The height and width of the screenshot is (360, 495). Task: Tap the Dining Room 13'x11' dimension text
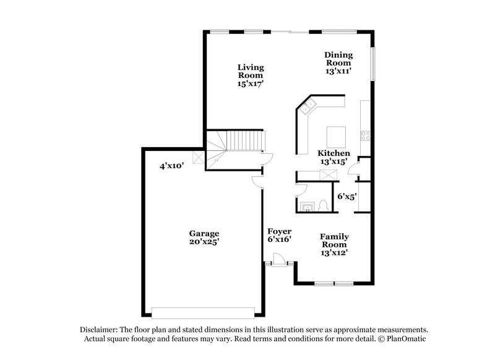pyautogui.click(x=338, y=71)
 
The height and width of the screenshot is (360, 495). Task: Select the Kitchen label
pyautogui.click(x=334, y=153)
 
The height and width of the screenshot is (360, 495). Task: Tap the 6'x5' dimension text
pyautogui.click(x=346, y=196)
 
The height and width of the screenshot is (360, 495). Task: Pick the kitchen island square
pyautogui.click(x=336, y=134)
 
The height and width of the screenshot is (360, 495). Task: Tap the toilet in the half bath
pyautogui.click(x=324, y=207)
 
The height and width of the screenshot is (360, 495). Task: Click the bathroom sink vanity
pyautogui.click(x=307, y=206)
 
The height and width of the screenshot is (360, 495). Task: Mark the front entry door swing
pyautogui.click(x=278, y=260)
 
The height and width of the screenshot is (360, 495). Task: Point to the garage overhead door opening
pyautogui.click(x=203, y=312)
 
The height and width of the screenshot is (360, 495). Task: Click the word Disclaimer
pyautogui.click(x=100, y=330)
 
